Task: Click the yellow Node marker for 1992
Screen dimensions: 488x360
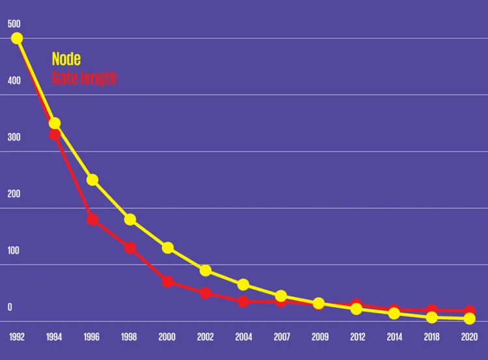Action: [x=17, y=38]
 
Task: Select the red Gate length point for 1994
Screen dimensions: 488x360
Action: [x=55, y=135]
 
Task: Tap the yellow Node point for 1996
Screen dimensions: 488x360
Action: [x=92, y=180]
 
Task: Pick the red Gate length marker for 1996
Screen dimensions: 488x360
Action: [x=92, y=219]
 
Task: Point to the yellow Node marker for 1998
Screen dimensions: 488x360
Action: [x=130, y=219]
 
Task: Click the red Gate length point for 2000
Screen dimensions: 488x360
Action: [x=168, y=282]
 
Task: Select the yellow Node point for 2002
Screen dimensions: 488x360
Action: [x=206, y=270]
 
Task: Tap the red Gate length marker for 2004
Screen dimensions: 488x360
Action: [x=243, y=301]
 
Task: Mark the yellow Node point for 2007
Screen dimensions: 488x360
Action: [x=281, y=296]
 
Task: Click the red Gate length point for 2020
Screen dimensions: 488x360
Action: [x=469, y=311]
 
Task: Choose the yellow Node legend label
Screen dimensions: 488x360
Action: [x=66, y=59]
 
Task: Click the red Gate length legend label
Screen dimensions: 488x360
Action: [x=84, y=78]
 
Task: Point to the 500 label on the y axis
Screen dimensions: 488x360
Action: [x=14, y=24]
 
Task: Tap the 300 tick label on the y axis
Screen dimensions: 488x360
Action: [x=14, y=137]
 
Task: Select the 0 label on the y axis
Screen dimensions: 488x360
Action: [x=10, y=307]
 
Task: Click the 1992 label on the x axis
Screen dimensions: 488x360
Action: [x=17, y=337]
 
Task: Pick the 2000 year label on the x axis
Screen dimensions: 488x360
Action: [x=167, y=337]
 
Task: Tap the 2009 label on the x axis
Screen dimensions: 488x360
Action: [x=320, y=337]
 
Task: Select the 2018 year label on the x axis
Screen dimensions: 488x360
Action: [x=431, y=337]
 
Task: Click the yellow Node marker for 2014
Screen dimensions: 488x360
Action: [x=394, y=313]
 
